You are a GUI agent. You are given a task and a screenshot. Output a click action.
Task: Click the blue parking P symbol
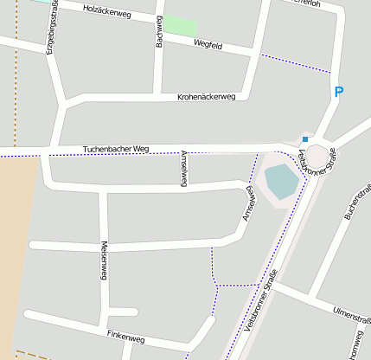(x=339, y=92)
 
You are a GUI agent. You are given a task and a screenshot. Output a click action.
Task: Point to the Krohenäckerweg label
(x=206, y=97)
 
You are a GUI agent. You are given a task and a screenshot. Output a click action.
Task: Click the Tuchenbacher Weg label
(x=116, y=149)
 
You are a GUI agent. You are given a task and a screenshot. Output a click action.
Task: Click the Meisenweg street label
(x=104, y=260)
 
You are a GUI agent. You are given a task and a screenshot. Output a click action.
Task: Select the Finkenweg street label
(x=126, y=337)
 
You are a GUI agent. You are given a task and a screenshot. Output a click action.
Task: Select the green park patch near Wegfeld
(x=180, y=25)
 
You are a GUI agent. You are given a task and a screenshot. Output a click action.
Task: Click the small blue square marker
(x=304, y=138)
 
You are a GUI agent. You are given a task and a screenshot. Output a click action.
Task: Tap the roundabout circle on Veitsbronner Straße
(x=317, y=156)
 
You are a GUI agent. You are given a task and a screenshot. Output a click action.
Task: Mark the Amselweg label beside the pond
(x=248, y=203)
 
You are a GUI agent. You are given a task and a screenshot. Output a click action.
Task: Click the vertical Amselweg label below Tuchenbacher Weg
(x=183, y=168)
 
